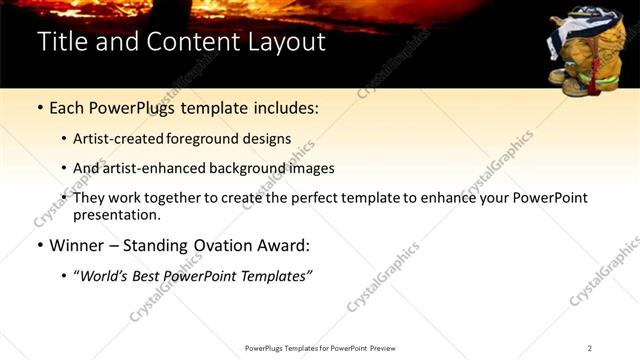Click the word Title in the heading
pyautogui.click(x=60, y=42)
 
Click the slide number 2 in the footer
pyautogui.click(x=589, y=348)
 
